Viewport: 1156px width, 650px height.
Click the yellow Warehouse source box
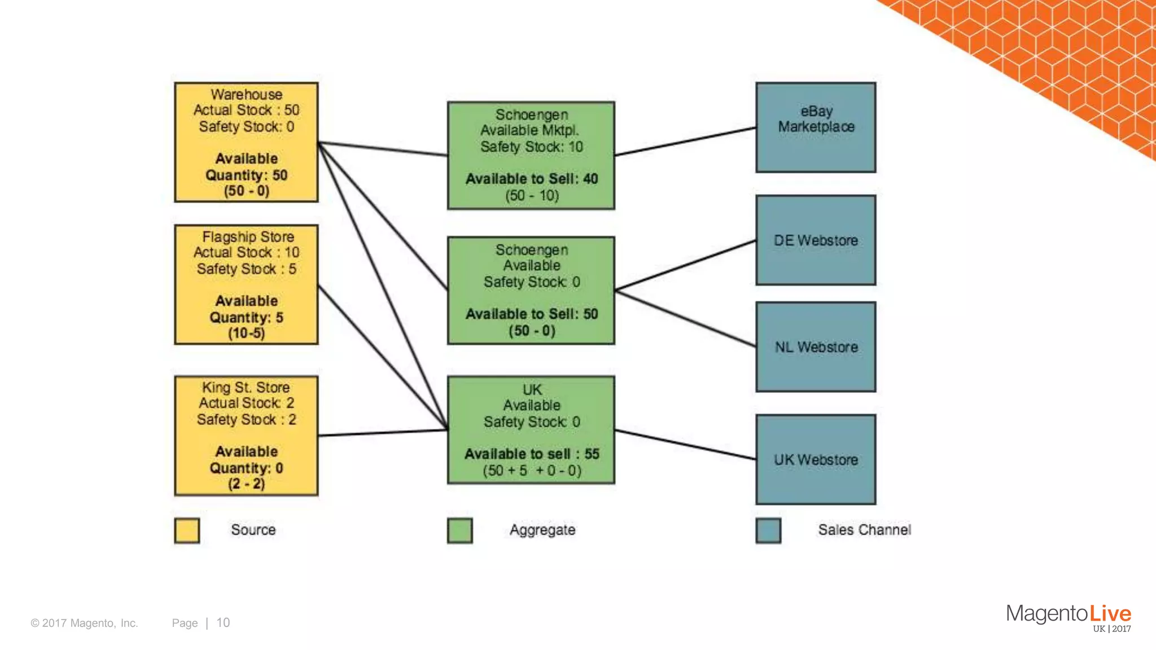(x=246, y=142)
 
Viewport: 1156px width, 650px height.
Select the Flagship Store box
(x=246, y=284)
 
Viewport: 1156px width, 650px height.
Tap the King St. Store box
(x=246, y=436)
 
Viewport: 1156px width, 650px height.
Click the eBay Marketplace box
(x=816, y=128)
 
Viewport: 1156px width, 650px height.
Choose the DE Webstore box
(x=816, y=240)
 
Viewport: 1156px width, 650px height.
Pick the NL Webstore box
(x=816, y=346)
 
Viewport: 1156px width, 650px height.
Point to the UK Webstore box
(x=816, y=459)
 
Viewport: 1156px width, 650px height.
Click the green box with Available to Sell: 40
(x=531, y=155)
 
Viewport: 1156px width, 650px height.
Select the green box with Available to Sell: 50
(x=531, y=290)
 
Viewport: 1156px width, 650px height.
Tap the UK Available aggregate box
(x=531, y=430)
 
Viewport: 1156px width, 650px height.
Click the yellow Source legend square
(x=187, y=530)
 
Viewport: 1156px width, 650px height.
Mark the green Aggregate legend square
(x=460, y=530)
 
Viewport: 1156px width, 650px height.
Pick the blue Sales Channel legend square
(x=768, y=530)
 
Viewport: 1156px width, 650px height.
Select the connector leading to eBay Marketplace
(x=685, y=142)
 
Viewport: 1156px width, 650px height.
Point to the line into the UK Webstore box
(x=685, y=445)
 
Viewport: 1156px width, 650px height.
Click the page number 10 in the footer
(x=223, y=623)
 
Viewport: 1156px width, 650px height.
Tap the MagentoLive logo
(x=1068, y=616)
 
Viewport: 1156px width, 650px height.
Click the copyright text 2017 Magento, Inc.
(x=85, y=623)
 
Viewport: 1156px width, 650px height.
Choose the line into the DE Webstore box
(x=685, y=265)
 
